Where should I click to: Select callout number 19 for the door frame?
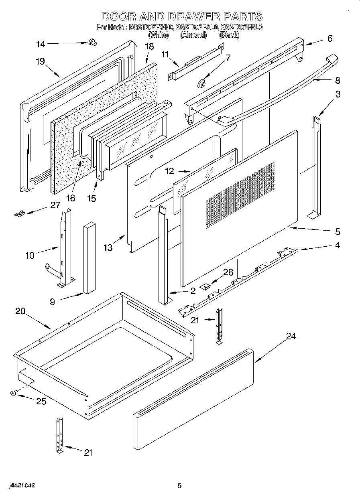(x=40, y=61)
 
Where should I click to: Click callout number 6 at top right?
(x=329, y=39)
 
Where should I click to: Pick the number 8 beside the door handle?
(x=337, y=80)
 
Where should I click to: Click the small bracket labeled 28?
(x=207, y=286)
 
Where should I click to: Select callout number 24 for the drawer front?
(x=291, y=336)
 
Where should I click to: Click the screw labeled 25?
(x=14, y=394)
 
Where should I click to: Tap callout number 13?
(x=108, y=247)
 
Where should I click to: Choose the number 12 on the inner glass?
(x=170, y=171)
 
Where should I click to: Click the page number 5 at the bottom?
(x=180, y=486)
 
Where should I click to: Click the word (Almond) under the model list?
(x=193, y=35)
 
